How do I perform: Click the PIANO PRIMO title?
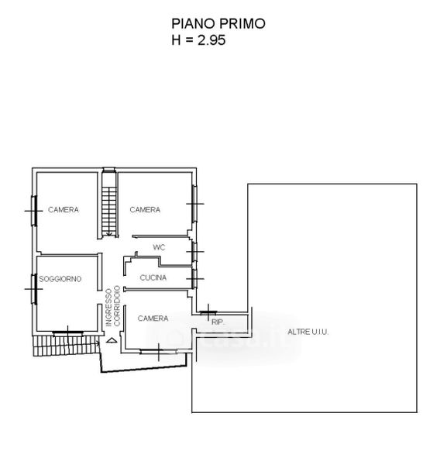218,24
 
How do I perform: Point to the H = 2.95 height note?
198,40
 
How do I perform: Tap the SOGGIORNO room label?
60,279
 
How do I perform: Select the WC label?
159,247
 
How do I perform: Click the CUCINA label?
153,277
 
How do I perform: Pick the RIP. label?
218,322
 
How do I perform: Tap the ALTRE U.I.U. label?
308,332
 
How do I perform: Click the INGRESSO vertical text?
109,308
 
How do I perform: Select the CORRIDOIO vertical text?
117,306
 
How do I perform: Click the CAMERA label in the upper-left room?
64,210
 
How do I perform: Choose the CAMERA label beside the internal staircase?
145,210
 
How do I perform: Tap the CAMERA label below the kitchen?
153,319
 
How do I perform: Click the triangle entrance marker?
112,340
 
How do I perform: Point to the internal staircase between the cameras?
109,203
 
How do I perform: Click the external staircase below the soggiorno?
66,346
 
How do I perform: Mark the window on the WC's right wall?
194,252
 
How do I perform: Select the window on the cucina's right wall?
194,279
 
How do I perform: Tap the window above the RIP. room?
208,312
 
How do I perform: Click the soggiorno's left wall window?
34,289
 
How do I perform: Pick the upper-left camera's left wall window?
34,211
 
